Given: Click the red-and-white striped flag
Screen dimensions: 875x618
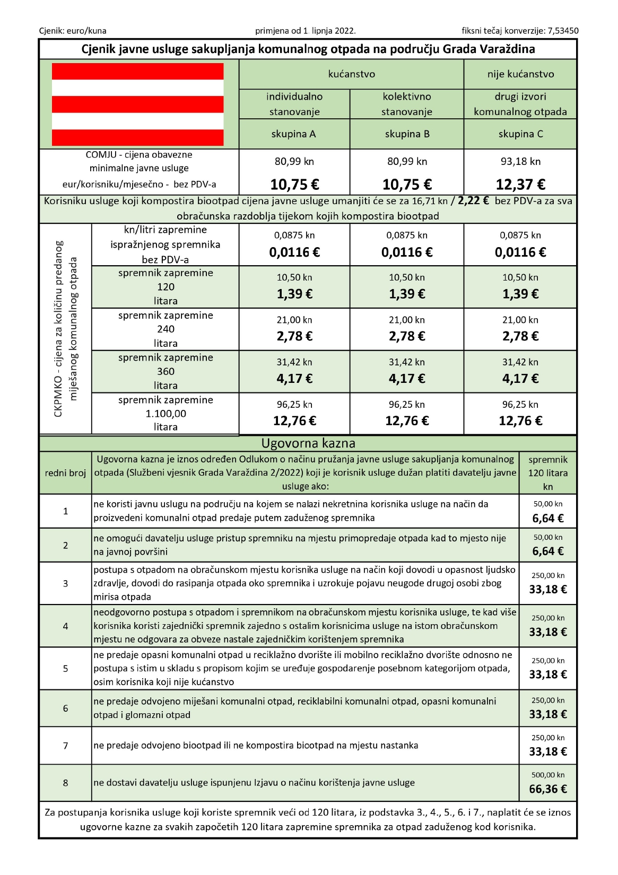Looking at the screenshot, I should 138,104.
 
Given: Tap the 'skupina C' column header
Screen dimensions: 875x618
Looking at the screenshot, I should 520,134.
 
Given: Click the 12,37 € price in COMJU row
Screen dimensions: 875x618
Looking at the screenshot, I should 520,185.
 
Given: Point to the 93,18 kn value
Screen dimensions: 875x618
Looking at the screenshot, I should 520,161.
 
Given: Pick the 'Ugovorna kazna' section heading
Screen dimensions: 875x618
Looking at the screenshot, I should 308,443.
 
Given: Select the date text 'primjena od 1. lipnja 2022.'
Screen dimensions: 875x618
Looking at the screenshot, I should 306,31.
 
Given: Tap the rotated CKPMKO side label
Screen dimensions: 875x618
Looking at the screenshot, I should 65,329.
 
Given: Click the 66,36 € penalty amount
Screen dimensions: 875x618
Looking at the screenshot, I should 548,789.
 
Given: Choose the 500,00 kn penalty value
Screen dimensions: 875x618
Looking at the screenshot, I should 548,775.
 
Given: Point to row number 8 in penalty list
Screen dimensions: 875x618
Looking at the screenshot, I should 66,783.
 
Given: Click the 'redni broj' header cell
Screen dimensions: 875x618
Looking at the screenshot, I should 66,473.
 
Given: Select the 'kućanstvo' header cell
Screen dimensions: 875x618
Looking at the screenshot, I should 351,74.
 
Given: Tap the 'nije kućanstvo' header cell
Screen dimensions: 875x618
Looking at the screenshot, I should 520,74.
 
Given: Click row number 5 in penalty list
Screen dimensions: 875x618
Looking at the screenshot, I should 66,668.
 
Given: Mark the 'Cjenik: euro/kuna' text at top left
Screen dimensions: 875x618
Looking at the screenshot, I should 73,31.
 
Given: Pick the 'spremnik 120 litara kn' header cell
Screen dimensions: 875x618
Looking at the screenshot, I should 548,473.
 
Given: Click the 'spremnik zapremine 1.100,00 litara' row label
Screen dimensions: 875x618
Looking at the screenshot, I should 166,414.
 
